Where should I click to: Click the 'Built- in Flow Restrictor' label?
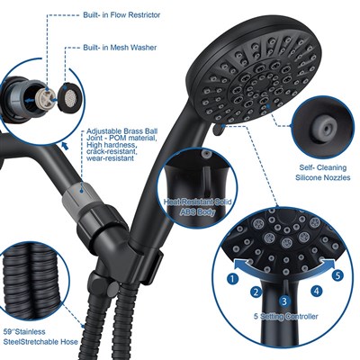point(121,15)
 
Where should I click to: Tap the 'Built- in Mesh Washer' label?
point(120,48)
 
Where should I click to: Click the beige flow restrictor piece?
point(45,97)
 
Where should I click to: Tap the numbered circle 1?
point(232,279)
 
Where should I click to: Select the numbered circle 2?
point(256,292)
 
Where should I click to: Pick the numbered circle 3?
point(285,301)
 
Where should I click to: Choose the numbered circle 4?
point(317,291)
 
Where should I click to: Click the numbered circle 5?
point(337,275)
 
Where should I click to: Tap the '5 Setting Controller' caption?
point(285,316)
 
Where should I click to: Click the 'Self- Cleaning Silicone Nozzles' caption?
point(323,173)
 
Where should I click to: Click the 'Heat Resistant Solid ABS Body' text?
point(198,207)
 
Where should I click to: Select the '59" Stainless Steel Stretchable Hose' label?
point(40,337)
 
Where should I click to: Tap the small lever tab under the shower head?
point(218,130)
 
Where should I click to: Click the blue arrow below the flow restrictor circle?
point(65,146)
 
